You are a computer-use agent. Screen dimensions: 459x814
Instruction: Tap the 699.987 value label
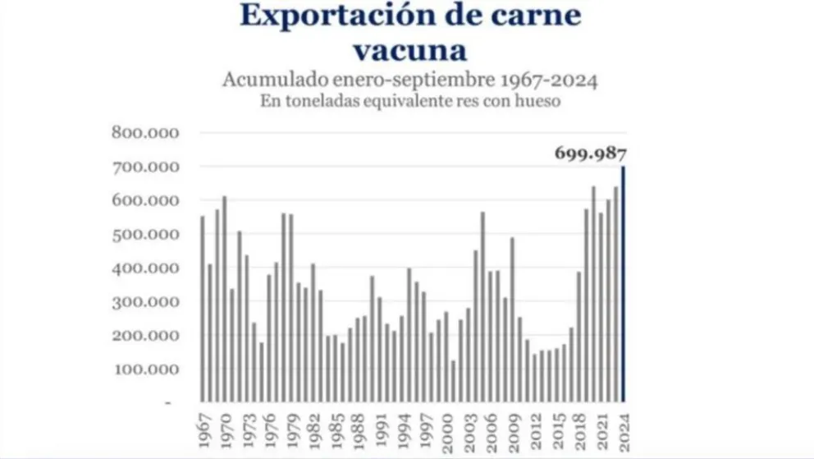(x=591, y=153)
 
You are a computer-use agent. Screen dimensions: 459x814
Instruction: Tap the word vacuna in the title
(x=409, y=51)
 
